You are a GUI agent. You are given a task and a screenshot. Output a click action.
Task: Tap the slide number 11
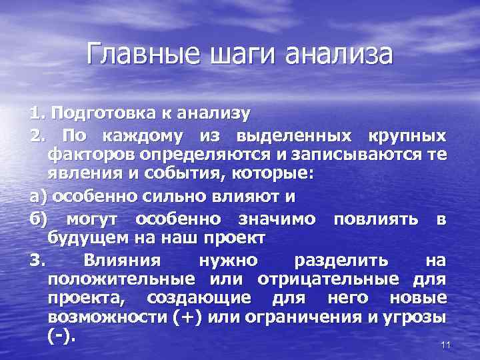pos(447,345)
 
